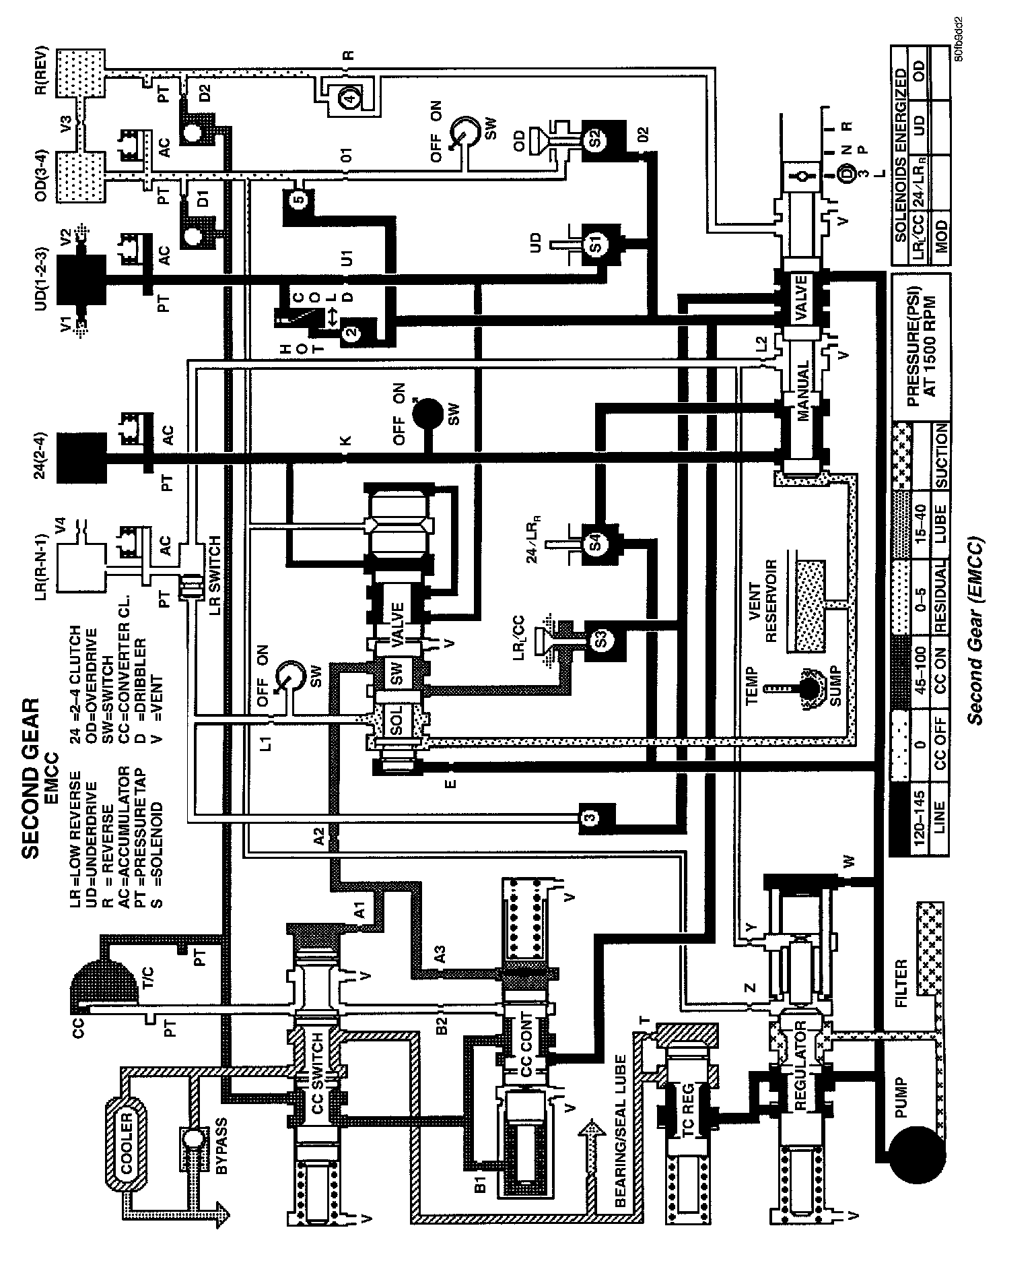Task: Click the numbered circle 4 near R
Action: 349,98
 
